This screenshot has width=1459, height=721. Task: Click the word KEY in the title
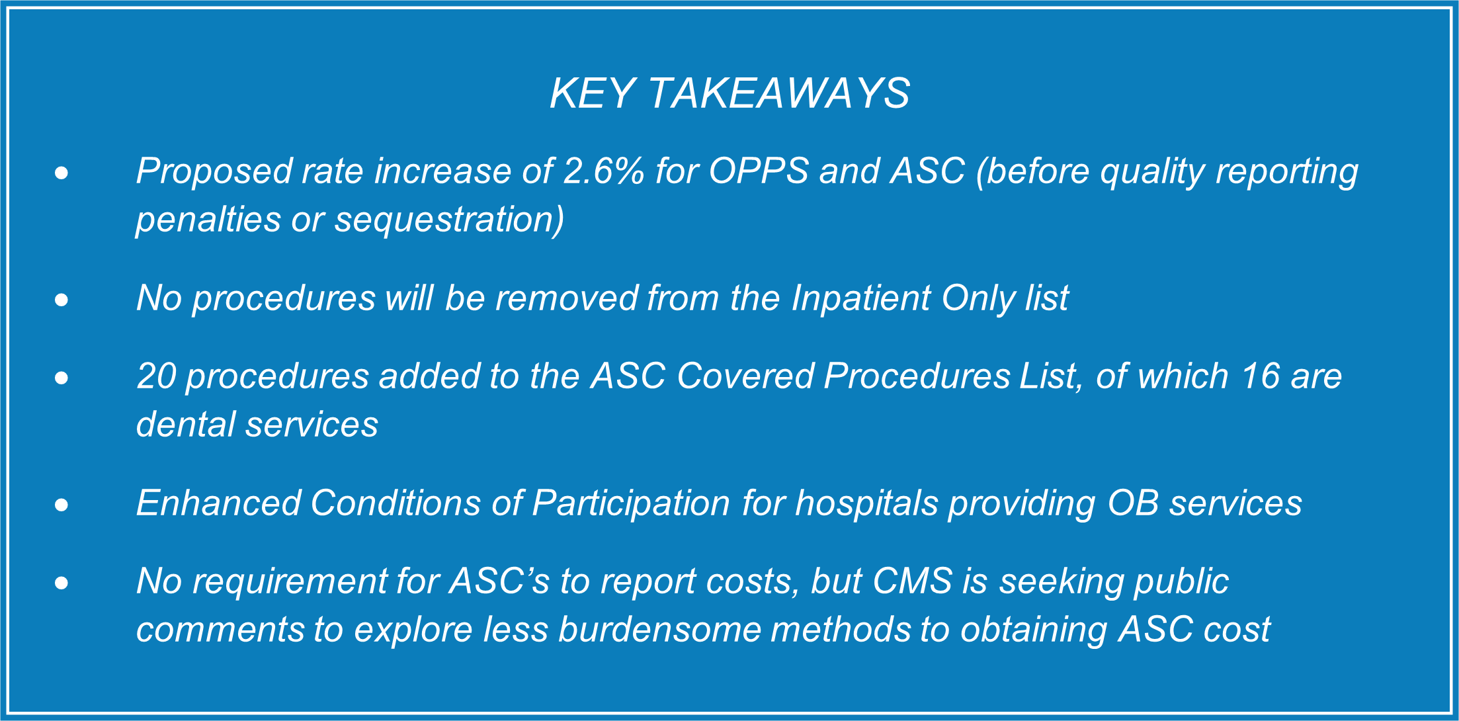593,93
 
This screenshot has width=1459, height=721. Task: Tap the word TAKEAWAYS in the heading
779,93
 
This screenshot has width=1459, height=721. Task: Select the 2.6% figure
603,171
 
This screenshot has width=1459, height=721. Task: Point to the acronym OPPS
759,171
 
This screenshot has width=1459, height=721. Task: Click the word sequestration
449,220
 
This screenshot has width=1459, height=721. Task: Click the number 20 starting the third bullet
155,376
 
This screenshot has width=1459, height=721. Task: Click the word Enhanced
219,503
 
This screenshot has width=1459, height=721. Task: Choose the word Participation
631,503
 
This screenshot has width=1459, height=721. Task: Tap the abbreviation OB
1133,503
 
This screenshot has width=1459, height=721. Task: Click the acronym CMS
913,581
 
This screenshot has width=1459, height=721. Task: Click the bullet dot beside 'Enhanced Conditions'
62,505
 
